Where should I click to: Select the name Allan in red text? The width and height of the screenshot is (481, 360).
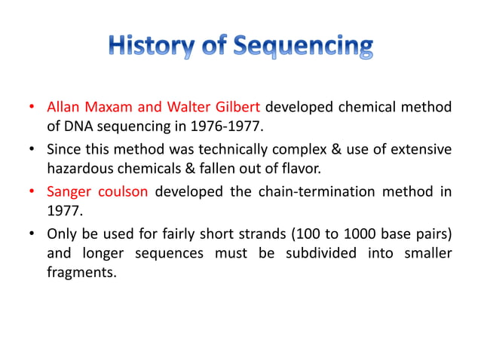[x=65, y=107]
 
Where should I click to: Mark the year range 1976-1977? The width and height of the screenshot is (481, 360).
[x=229, y=126]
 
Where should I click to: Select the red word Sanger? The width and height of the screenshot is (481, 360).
[x=69, y=191]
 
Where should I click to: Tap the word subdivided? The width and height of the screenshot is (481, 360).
[x=321, y=252]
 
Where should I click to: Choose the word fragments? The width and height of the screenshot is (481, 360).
[x=81, y=271]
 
